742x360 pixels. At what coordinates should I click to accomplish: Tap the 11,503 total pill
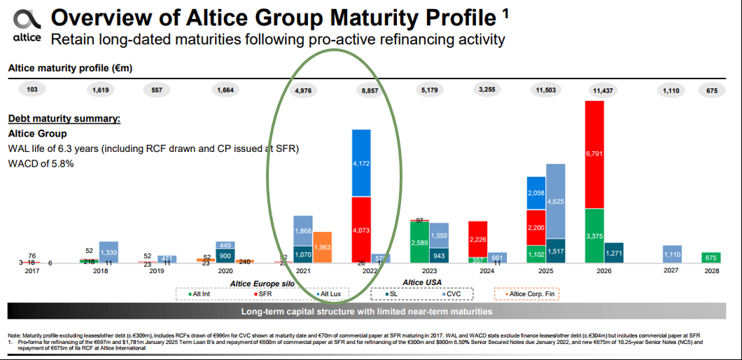point(543,90)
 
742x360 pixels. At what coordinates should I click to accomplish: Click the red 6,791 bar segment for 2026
point(594,154)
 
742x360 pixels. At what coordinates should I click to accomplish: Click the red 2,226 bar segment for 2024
point(477,239)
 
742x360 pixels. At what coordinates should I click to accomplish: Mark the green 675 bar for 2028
point(711,258)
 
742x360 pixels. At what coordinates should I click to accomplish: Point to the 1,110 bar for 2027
point(672,254)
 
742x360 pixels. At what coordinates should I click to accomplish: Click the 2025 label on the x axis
point(545,270)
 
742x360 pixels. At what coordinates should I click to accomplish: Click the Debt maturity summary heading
point(64,118)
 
